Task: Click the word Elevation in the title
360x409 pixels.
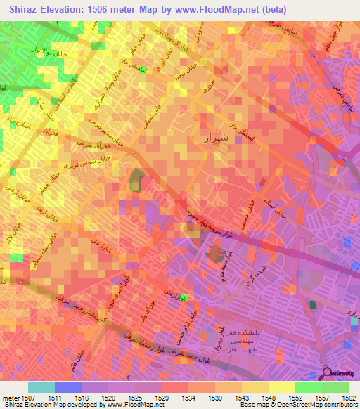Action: coord(60,8)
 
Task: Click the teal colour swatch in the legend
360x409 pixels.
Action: coord(41,387)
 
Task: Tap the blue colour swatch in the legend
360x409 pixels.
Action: coord(68,387)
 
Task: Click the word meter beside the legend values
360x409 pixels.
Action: coord(9,397)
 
